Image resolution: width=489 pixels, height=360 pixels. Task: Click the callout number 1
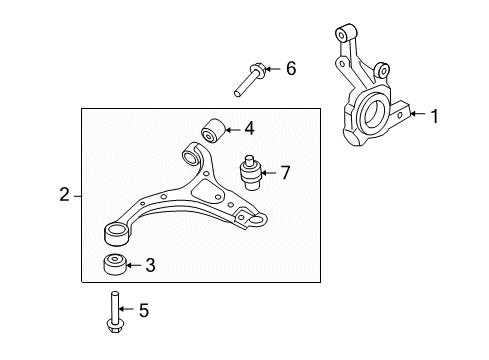tap(435, 117)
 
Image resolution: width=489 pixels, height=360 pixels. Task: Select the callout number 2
tap(65, 195)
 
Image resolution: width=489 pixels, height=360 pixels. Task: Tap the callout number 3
tap(149, 265)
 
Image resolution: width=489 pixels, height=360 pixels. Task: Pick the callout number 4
tap(249, 128)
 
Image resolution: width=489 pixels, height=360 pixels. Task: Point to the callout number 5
tap(142, 312)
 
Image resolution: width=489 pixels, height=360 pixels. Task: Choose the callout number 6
tap(291, 69)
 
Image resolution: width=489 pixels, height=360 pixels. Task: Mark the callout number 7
tap(285, 173)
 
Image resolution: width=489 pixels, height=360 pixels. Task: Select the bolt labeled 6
tap(248, 78)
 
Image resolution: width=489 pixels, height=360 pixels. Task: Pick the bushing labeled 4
tap(213, 131)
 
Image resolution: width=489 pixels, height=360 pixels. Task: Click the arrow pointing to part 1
tap(418, 117)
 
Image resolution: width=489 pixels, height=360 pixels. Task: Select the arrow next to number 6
tap(274, 69)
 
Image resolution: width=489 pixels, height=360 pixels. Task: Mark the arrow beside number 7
tap(269, 173)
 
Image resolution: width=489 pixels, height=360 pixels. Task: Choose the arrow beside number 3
tap(135, 265)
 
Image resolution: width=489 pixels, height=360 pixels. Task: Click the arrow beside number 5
tap(126, 312)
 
